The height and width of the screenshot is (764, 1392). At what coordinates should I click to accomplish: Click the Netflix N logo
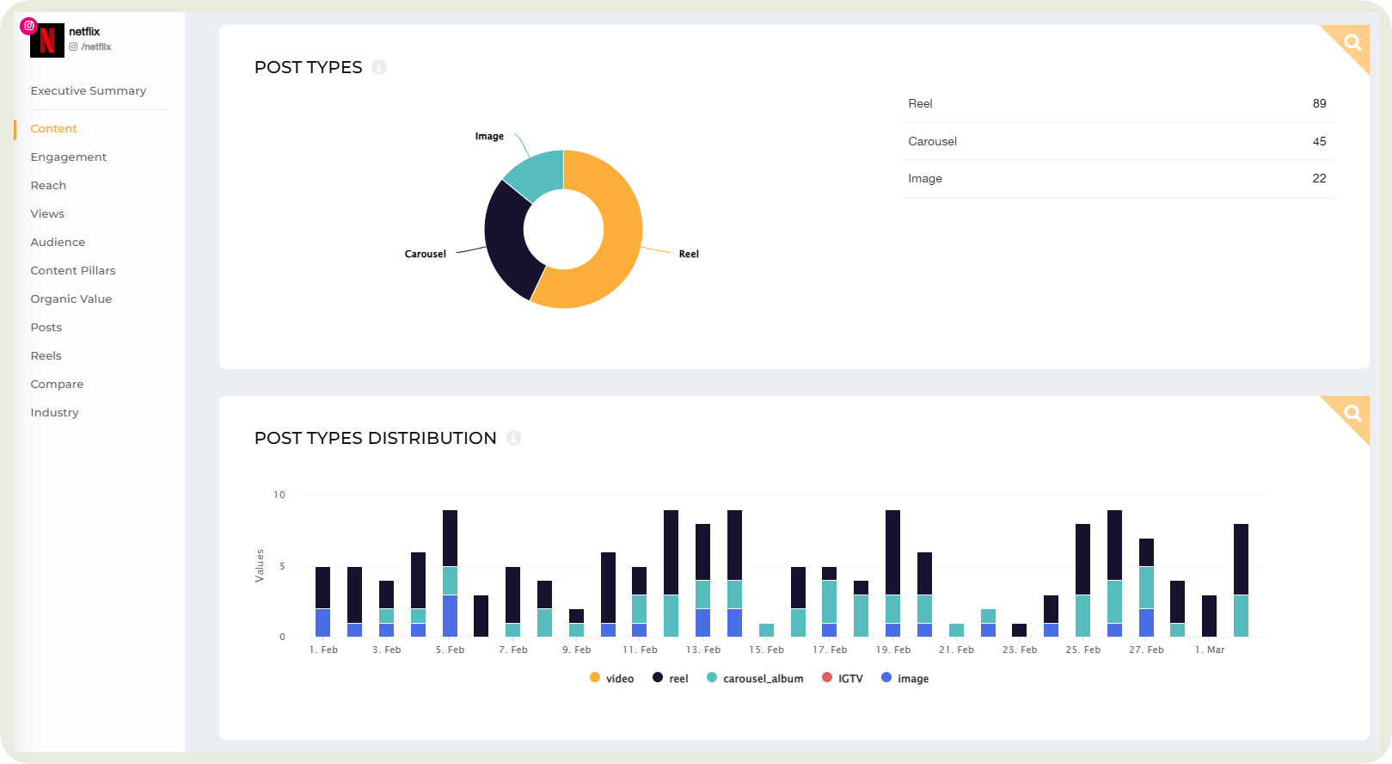click(46, 40)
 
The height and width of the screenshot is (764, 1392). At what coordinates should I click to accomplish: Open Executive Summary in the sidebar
click(88, 90)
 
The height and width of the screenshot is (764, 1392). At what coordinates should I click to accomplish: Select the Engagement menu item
click(68, 157)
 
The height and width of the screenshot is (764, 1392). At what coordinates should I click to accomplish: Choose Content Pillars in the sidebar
click(72, 270)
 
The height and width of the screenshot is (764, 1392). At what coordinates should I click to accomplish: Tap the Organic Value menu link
click(71, 299)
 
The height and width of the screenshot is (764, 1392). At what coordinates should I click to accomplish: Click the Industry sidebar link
click(54, 412)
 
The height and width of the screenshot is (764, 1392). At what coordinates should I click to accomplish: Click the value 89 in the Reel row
click(1319, 103)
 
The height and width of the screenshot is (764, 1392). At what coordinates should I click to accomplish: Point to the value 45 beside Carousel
click(1319, 141)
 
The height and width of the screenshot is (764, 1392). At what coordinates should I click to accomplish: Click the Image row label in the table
click(924, 178)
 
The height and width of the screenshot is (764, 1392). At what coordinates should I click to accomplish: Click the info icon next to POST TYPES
click(379, 67)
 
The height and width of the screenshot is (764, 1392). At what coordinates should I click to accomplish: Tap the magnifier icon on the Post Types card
click(1352, 41)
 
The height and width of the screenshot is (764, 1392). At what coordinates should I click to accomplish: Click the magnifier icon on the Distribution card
click(1352, 412)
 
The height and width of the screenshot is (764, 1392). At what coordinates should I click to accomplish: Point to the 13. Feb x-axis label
click(703, 650)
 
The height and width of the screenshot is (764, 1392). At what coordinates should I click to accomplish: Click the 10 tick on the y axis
click(279, 495)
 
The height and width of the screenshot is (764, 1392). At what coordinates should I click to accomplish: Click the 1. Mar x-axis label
click(1210, 650)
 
